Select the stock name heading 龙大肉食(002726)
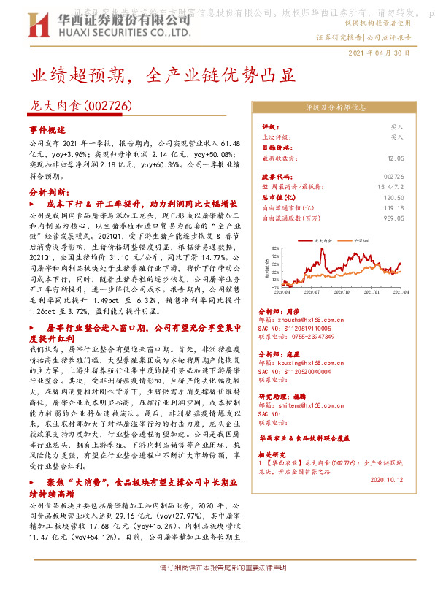(81, 106)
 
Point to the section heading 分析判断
(50, 191)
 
